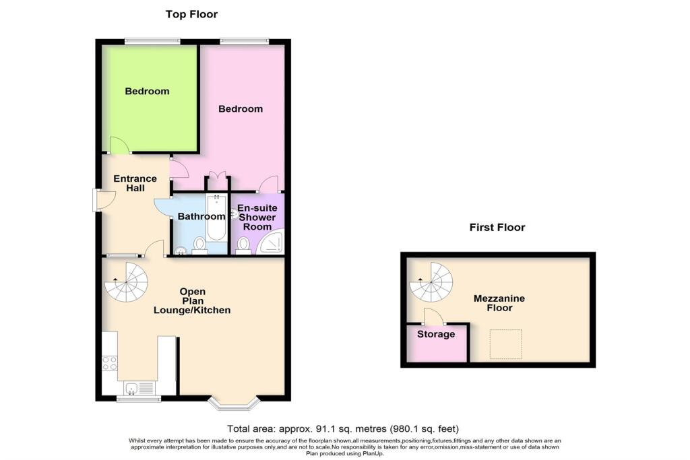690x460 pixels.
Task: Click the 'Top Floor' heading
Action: coord(192,14)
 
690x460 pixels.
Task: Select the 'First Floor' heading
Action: coord(497,228)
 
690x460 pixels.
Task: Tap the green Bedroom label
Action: coord(147,91)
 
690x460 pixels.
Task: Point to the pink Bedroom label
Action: coord(241,108)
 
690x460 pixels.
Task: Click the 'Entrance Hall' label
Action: coord(135,183)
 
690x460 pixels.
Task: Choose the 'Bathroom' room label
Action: coord(201,217)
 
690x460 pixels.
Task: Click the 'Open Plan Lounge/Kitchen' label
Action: coord(192,301)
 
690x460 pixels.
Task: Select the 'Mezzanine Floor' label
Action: coord(500,303)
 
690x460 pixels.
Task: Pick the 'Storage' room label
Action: coord(436,334)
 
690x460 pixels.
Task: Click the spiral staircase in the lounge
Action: coord(128,283)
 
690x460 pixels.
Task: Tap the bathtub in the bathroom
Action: coord(216,219)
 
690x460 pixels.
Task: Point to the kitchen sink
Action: coord(138,387)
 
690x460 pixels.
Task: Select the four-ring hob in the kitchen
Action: coord(109,363)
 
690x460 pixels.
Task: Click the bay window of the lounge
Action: coord(234,403)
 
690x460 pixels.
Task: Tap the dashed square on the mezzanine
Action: coord(505,344)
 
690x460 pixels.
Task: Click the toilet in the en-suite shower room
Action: coord(243,244)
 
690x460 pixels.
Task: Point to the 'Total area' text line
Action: coord(344,428)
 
